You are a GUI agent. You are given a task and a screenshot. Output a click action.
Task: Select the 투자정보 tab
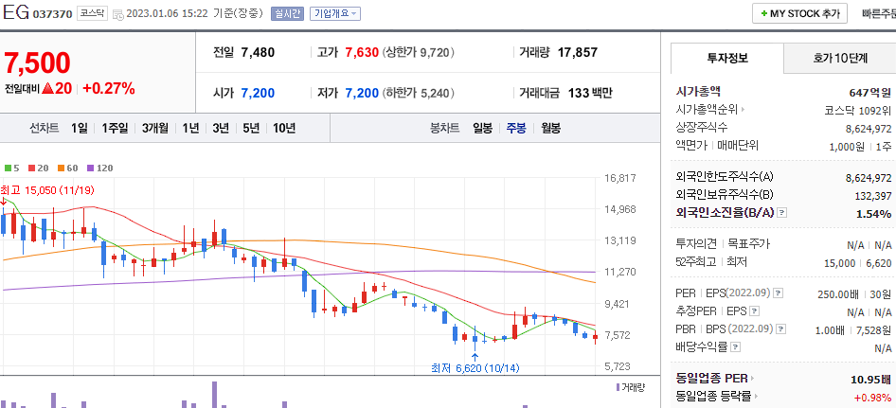[726, 58]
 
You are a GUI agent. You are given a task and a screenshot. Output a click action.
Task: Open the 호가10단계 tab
[839, 58]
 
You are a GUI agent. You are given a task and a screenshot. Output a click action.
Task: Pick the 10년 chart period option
[283, 128]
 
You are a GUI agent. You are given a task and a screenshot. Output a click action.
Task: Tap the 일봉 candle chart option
[482, 128]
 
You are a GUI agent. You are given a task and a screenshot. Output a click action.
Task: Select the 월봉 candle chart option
[550, 128]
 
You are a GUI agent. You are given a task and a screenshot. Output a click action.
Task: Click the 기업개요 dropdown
[334, 14]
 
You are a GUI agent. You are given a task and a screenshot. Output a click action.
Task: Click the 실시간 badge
[287, 14]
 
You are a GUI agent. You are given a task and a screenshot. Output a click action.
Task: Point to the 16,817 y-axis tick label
[618, 178]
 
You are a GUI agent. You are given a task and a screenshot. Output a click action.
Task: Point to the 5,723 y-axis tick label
[618, 366]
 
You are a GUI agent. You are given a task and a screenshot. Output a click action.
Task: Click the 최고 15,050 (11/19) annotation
[47, 190]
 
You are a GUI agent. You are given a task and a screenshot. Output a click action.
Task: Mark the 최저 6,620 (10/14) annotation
[475, 368]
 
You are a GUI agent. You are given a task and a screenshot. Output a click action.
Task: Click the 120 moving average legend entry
[100, 168]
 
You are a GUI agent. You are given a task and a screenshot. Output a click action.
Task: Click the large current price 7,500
[37, 62]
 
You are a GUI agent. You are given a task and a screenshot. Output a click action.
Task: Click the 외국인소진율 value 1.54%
[873, 214]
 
